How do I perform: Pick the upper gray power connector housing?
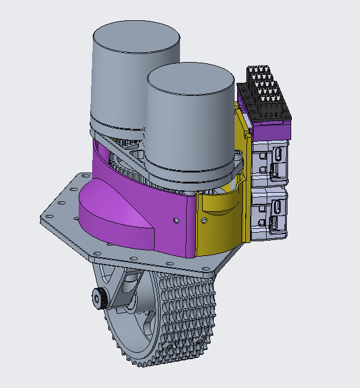[x=270, y=162]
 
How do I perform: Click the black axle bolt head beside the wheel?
[x=98, y=298]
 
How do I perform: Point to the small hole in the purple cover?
[x=176, y=219]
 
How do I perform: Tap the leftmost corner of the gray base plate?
[x=43, y=218]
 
